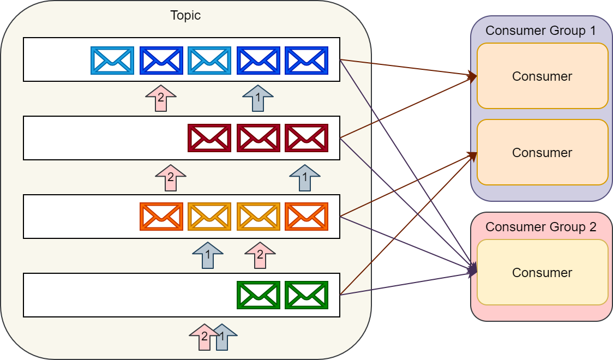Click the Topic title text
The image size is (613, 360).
pos(185,15)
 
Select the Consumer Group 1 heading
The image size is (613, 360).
pos(540,31)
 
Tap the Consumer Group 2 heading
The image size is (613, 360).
pos(540,227)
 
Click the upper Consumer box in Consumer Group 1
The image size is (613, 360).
pos(542,76)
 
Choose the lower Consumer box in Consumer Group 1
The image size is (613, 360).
pos(542,152)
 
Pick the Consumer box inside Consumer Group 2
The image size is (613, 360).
pos(542,272)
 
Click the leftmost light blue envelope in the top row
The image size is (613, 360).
pos(112,61)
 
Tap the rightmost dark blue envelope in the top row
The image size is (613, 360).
pos(306,61)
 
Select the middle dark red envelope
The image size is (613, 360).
pos(259,138)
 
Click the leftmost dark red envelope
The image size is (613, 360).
pos(209,138)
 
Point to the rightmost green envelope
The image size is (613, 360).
pos(306,295)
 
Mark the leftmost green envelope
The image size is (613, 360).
pos(259,295)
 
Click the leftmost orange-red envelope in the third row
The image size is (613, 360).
pos(161,217)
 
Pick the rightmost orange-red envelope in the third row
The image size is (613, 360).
pos(306,217)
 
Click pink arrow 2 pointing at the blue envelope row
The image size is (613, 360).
pos(160,99)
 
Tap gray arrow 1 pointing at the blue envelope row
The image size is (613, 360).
pos(257,99)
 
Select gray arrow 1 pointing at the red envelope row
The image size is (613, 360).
pos(304,177)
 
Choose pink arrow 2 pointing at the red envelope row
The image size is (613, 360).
pos(170,177)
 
